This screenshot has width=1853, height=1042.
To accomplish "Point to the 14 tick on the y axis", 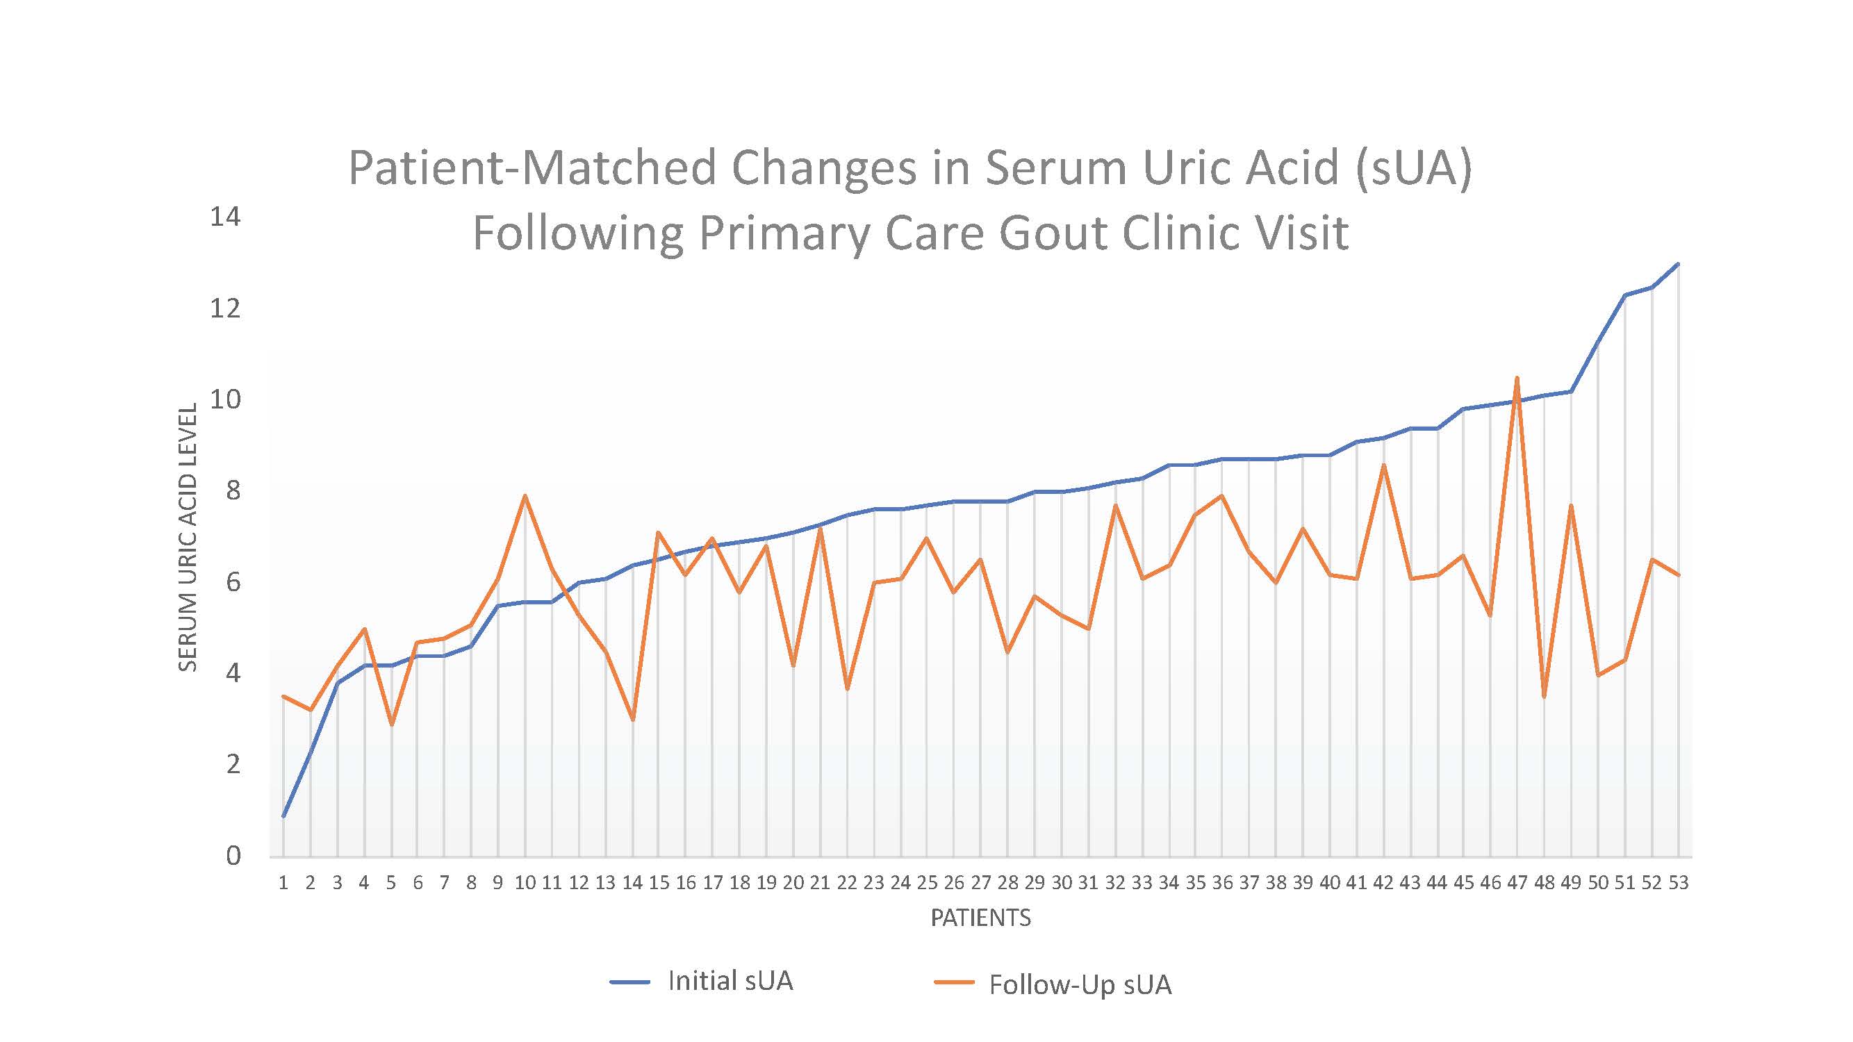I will point(225,217).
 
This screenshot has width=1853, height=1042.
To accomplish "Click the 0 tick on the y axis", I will point(233,856).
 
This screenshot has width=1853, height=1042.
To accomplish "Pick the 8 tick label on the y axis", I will point(233,490).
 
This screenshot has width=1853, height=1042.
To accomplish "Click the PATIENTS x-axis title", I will point(980,918).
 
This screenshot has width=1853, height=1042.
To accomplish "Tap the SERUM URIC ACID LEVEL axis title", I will point(188,537).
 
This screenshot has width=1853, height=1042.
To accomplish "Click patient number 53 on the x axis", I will point(1678,882).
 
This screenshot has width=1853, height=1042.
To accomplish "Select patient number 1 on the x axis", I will point(283,882).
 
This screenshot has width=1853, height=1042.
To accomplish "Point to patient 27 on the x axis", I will point(980,882).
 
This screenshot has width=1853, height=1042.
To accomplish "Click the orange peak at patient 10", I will point(525,495).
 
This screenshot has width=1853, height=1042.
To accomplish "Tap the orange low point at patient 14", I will point(632,719).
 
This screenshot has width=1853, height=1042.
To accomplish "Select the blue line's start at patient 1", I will point(283,816).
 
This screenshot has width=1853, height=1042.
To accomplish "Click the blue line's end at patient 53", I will point(1678,264).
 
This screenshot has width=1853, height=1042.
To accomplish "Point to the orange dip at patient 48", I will point(1544,697).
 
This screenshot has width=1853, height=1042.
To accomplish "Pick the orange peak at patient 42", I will point(1383,465).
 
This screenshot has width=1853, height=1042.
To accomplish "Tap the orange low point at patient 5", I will point(391,724).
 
